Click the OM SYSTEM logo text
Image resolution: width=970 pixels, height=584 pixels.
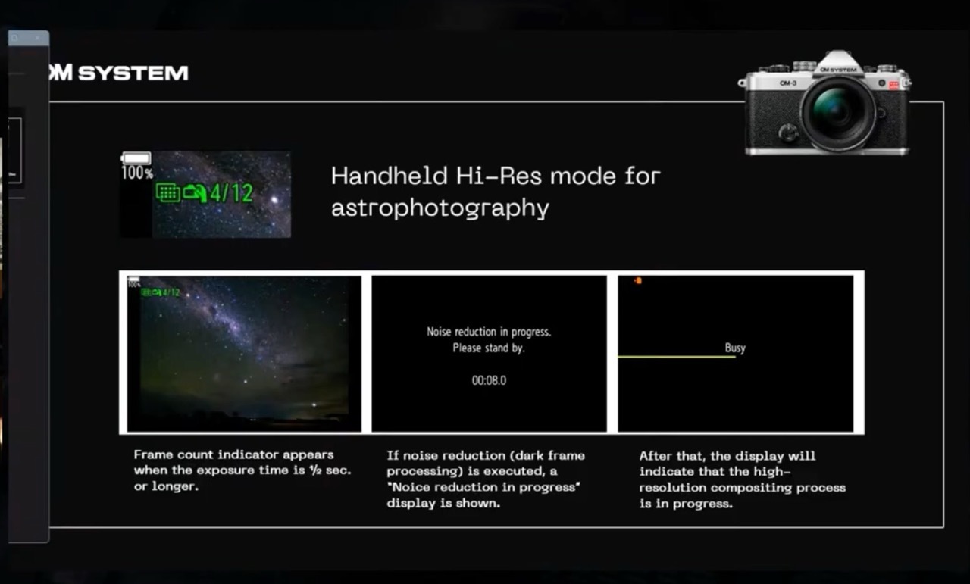click(119, 72)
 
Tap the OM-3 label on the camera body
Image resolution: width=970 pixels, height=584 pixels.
click(787, 83)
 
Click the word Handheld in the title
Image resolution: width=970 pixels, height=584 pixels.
click(390, 176)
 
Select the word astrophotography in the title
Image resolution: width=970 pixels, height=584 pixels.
click(440, 208)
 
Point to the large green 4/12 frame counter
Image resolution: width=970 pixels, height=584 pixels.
click(231, 193)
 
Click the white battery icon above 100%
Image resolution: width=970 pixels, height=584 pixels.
click(136, 158)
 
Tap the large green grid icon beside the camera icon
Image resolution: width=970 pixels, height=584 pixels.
click(168, 192)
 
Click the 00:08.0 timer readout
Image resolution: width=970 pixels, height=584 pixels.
click(489, 380)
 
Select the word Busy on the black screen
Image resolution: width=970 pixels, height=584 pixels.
click(735, 348)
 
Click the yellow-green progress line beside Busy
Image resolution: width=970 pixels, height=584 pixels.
click(677, 357)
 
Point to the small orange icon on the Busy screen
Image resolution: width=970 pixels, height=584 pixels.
click(638, 281)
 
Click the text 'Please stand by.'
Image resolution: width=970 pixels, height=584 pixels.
click(489, 348)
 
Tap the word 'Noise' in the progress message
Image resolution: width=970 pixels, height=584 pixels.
click(439, 332)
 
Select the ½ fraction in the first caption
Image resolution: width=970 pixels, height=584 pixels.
click(315, 470)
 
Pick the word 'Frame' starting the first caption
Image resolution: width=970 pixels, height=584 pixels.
click(153, 454)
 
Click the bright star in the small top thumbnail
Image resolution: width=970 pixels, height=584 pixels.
click(274, 199)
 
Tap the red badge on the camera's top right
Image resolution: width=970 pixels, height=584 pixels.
click(893, 85)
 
